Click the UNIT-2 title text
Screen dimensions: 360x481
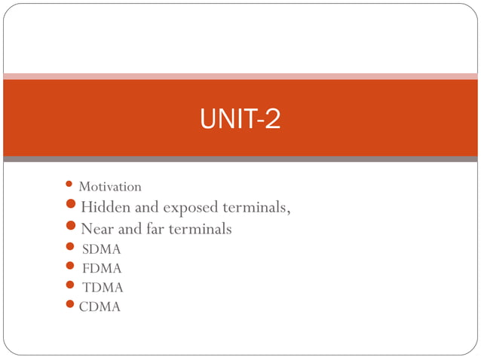point(240,119)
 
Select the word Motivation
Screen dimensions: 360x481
point(110,186)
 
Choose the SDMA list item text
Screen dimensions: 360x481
point(101,249)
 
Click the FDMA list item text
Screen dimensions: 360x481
point(101,268)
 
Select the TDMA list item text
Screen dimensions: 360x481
point(103,287)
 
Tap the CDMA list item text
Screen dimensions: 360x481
point(100,307)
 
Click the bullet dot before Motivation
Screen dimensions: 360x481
point(69,184)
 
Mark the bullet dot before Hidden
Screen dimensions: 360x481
point(71,205)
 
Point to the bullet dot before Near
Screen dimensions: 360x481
point(71,226)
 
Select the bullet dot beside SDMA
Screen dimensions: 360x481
point(70,247)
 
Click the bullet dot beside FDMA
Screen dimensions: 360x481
point(70,266)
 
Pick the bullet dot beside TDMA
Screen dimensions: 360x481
point(70,285)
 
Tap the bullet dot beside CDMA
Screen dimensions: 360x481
point(71,304)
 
